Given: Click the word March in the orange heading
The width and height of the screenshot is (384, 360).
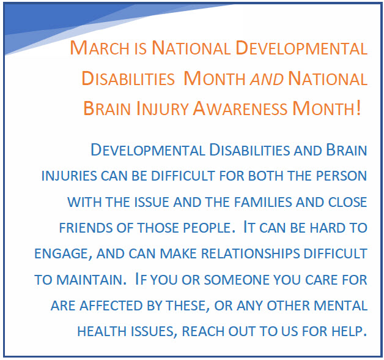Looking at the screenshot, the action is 100,48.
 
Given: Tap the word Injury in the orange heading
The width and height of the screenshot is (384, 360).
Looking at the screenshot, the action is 162,108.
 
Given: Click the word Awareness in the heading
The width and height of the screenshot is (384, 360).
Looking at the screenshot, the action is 240,108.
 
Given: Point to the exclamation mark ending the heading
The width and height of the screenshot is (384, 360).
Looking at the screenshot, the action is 358,108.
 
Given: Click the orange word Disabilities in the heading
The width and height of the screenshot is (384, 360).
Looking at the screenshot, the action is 128,78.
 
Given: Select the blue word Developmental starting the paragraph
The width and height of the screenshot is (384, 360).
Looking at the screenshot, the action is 148,150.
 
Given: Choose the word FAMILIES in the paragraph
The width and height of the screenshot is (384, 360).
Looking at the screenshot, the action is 263,202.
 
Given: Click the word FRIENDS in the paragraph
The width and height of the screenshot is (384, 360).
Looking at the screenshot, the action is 86,228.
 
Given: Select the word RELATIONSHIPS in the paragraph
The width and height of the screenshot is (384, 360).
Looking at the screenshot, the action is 250,254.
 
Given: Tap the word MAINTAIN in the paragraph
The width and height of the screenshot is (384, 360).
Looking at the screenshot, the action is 91,280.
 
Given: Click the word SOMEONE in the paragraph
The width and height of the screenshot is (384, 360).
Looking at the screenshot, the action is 237,280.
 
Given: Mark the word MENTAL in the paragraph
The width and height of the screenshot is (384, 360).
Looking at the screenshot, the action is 341,306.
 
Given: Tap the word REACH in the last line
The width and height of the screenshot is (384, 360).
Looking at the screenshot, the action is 203,332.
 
